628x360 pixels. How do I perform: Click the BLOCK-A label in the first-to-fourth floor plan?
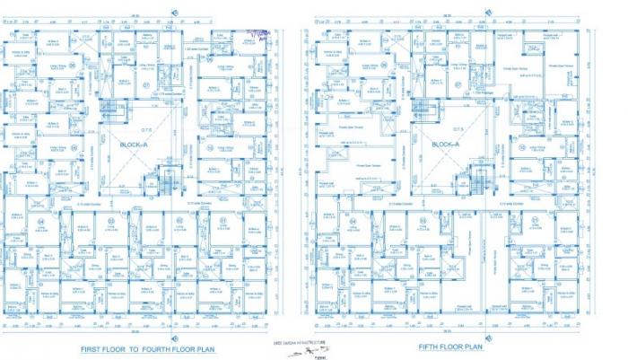(133, 143)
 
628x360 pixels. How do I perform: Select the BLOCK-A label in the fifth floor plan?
(445, 143)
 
